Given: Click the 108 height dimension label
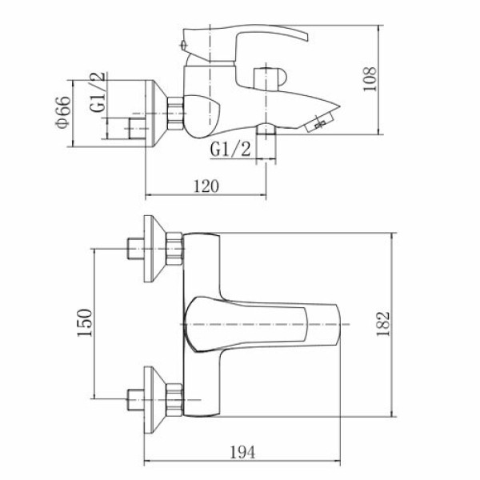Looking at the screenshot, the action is point(369,79).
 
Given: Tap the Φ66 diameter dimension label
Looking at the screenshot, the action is point(62,112).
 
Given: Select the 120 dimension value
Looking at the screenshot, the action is point(206,186).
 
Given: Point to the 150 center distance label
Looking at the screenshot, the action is point(84,322).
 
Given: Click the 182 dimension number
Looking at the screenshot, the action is point(382,324).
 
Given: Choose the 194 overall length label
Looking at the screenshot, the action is point(242,452).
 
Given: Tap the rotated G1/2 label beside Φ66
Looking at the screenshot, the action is point(98,92).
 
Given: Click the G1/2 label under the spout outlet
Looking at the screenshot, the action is point(230,150).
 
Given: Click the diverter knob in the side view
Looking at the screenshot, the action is point(270,78).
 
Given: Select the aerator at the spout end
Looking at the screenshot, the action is point(319,122).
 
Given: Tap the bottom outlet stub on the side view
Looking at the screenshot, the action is point(266,129).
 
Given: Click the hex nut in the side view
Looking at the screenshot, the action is point(175,113).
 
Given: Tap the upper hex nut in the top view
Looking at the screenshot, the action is point(174,249).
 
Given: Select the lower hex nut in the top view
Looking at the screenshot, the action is point(174,400).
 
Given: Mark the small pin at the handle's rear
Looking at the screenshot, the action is point(183,46).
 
